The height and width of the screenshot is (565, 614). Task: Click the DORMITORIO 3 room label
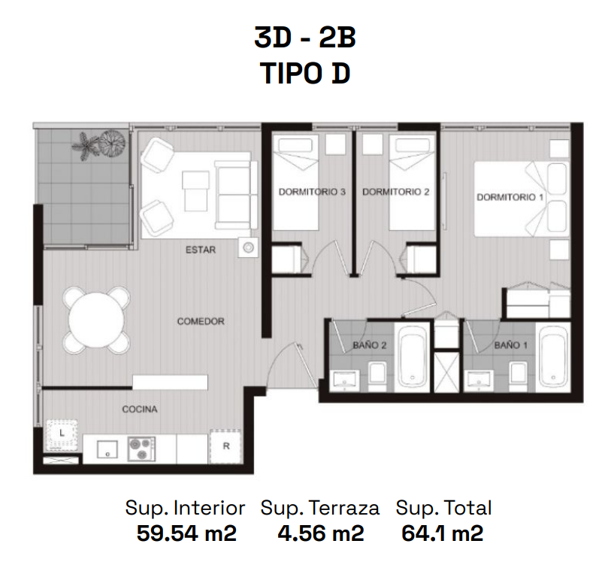click(x=312, y=192)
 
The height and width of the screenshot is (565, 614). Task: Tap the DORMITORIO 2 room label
click(x=396, y=192)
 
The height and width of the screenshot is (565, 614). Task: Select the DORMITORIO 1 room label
click(x=510, y=197)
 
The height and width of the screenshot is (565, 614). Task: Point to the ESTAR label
click(x=201, y=250)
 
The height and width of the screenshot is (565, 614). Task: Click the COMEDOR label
click(x=201, y=321)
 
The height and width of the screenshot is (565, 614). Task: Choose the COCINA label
click(x=140, y=409)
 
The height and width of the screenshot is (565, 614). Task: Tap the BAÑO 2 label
click(x=370, y=345)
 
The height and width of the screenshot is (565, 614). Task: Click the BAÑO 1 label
click(x=510, y=345)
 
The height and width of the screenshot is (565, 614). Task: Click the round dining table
click(x=97, y=320)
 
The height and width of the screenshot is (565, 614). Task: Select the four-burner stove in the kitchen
click(x=141, y=449)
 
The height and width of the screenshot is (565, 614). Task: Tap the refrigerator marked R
click(x=226, y=446)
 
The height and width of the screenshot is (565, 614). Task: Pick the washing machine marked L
click(x=62, y=434)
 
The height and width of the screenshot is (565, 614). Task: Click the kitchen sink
click(x=107, y=449)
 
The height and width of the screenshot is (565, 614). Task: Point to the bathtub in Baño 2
click(x=413, y=357)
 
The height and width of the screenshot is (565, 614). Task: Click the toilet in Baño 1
click(x=518, y=375)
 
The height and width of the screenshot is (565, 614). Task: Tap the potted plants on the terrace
click(x=98, y=144)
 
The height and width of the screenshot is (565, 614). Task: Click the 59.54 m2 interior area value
click(x=186, y=533)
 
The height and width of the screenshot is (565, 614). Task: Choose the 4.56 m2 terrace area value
click(x=321, y=533)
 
